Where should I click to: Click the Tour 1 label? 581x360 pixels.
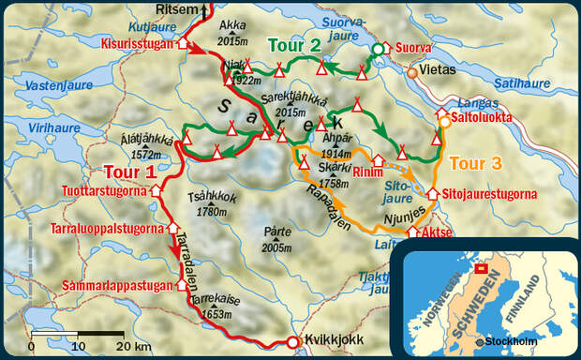tap(130, 172)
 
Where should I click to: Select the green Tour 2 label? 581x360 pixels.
tap(298, 44)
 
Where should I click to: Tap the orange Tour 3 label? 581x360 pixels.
tap(475, 162)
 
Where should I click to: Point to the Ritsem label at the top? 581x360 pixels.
tap(177, 9)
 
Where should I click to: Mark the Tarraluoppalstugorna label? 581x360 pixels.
tap(109, 227)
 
